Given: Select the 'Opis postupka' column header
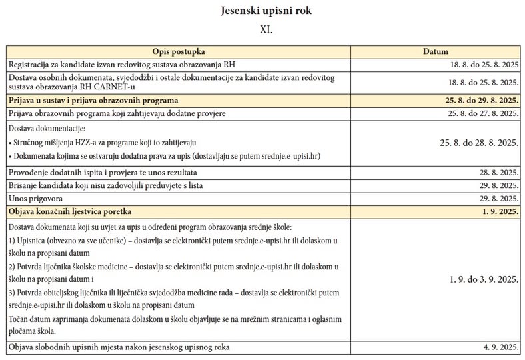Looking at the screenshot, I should click(x=178, y=51).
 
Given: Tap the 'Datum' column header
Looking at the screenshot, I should click(x=436, y=51).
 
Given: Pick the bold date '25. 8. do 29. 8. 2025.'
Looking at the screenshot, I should click(x=474, y=100).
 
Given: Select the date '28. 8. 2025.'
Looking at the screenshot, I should click(x=499, y=172).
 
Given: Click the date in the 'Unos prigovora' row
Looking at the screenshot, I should click(x=499, y=199).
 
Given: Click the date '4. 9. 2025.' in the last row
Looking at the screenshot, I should click(x=501, y=347).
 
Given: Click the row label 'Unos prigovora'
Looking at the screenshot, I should click(x=35, y=199).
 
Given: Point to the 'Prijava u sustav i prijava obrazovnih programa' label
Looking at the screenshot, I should click(x=93, y=100).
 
